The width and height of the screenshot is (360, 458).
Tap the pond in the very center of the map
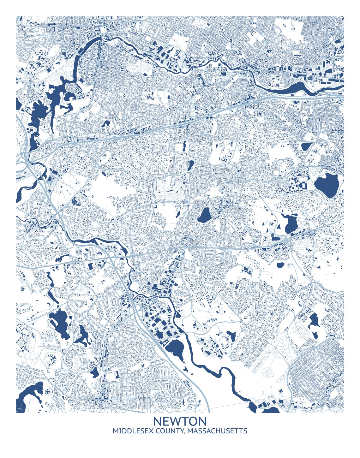click(205, 216)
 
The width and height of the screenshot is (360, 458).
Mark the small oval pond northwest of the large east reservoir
click(306, 146)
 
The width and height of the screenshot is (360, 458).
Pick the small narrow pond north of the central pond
click(191, 165)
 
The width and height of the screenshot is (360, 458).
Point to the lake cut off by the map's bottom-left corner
click(28, 398)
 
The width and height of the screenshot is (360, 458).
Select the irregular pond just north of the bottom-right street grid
click(314, 322)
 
